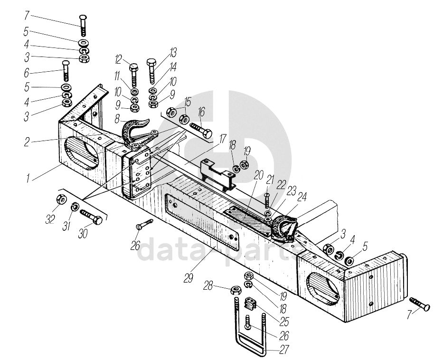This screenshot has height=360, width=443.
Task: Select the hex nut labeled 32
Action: [x=60, y=199]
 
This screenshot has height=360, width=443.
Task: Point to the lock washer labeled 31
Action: [x=75, y=207]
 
